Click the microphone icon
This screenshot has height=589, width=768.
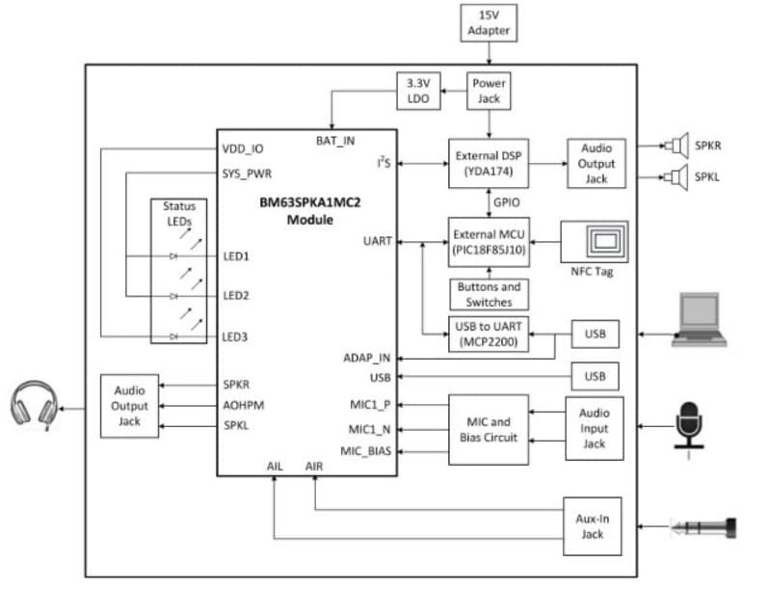[688, 425]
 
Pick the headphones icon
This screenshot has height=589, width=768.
[36, 404]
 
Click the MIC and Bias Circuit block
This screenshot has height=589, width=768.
[489, 430]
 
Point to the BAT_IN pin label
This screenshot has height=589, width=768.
[335, 141]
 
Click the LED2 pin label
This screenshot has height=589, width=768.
[236, 295]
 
